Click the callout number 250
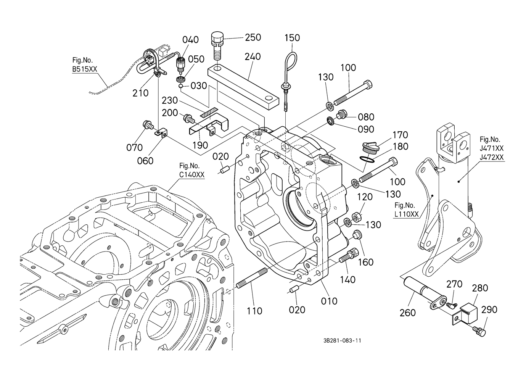tap(253, 37)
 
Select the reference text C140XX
tap(192, 175)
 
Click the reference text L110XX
tap(407, 214)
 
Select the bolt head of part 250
tap(216, 38)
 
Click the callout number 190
tap(200, 145)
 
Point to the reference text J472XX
tap(492, 157)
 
